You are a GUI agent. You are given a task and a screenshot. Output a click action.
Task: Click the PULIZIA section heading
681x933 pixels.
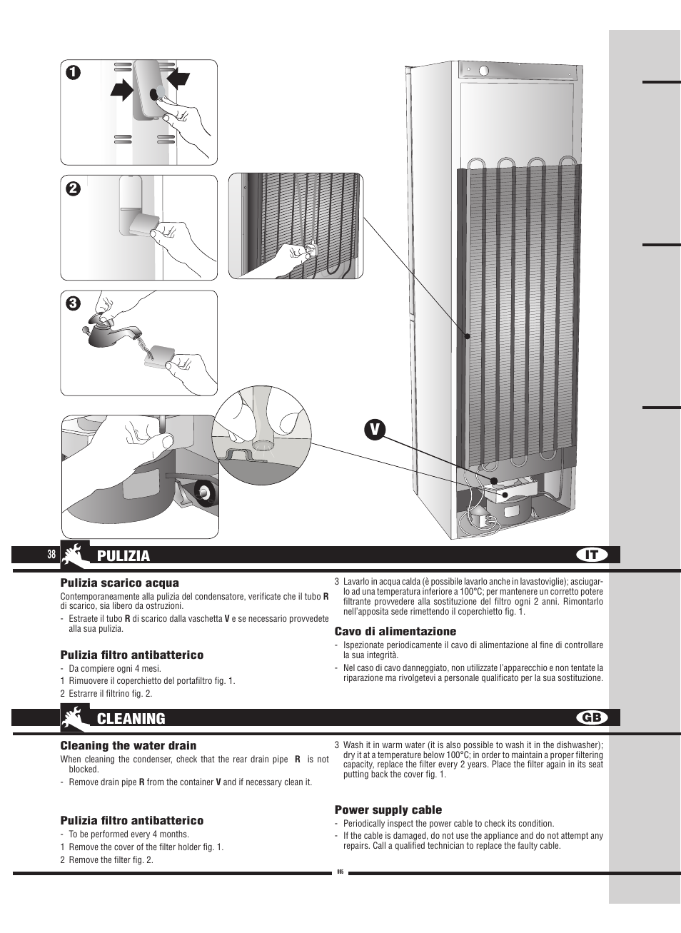tap(123, 556)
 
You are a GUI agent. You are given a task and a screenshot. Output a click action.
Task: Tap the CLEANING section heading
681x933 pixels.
tap(131, 719)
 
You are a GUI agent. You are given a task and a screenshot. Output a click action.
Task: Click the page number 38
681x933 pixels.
tap(51, 555)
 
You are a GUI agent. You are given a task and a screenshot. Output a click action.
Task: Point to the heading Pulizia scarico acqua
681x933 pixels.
tap(119, 583)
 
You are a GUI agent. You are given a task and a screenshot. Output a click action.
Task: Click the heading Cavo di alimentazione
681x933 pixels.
tap(395, 631)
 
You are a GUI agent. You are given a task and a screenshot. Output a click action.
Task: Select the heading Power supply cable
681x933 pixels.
tap(388, 810)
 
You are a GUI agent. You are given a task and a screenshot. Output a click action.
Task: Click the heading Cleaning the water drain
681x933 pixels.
tap(128, 746)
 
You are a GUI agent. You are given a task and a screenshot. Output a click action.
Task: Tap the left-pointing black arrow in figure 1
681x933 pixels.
tap(178, 76)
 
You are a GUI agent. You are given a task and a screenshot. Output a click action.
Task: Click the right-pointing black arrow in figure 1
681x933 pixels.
tap(122, 90)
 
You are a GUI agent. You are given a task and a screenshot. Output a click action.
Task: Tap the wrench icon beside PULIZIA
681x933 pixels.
tap(75, 555)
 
